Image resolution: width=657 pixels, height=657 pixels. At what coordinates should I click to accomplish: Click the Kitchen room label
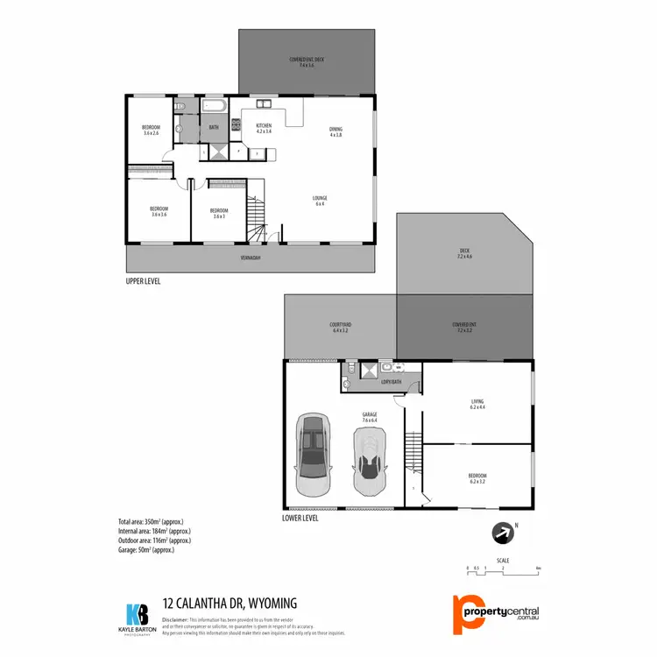[264, 129]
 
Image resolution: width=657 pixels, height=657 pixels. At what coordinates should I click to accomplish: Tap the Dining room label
[336, 131]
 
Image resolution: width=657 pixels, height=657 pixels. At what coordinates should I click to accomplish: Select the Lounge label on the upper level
[320, 201]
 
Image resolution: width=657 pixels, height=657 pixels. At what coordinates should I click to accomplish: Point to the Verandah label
[251, 258]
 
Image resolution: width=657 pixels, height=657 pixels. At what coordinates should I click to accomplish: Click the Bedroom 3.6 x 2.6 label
[151, 130]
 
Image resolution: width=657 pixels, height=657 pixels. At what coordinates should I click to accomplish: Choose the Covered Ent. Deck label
[306, 61]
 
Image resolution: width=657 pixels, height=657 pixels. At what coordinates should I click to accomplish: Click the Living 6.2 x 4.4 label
[477, 405]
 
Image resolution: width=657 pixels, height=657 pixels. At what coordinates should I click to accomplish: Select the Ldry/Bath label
[390, 381]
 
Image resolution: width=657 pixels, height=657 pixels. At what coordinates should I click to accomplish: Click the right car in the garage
[370, 460]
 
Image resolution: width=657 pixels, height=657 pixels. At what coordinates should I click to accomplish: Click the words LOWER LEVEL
[300, 518]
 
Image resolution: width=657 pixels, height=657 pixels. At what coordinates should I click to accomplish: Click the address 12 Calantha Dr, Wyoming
[230, 603]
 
